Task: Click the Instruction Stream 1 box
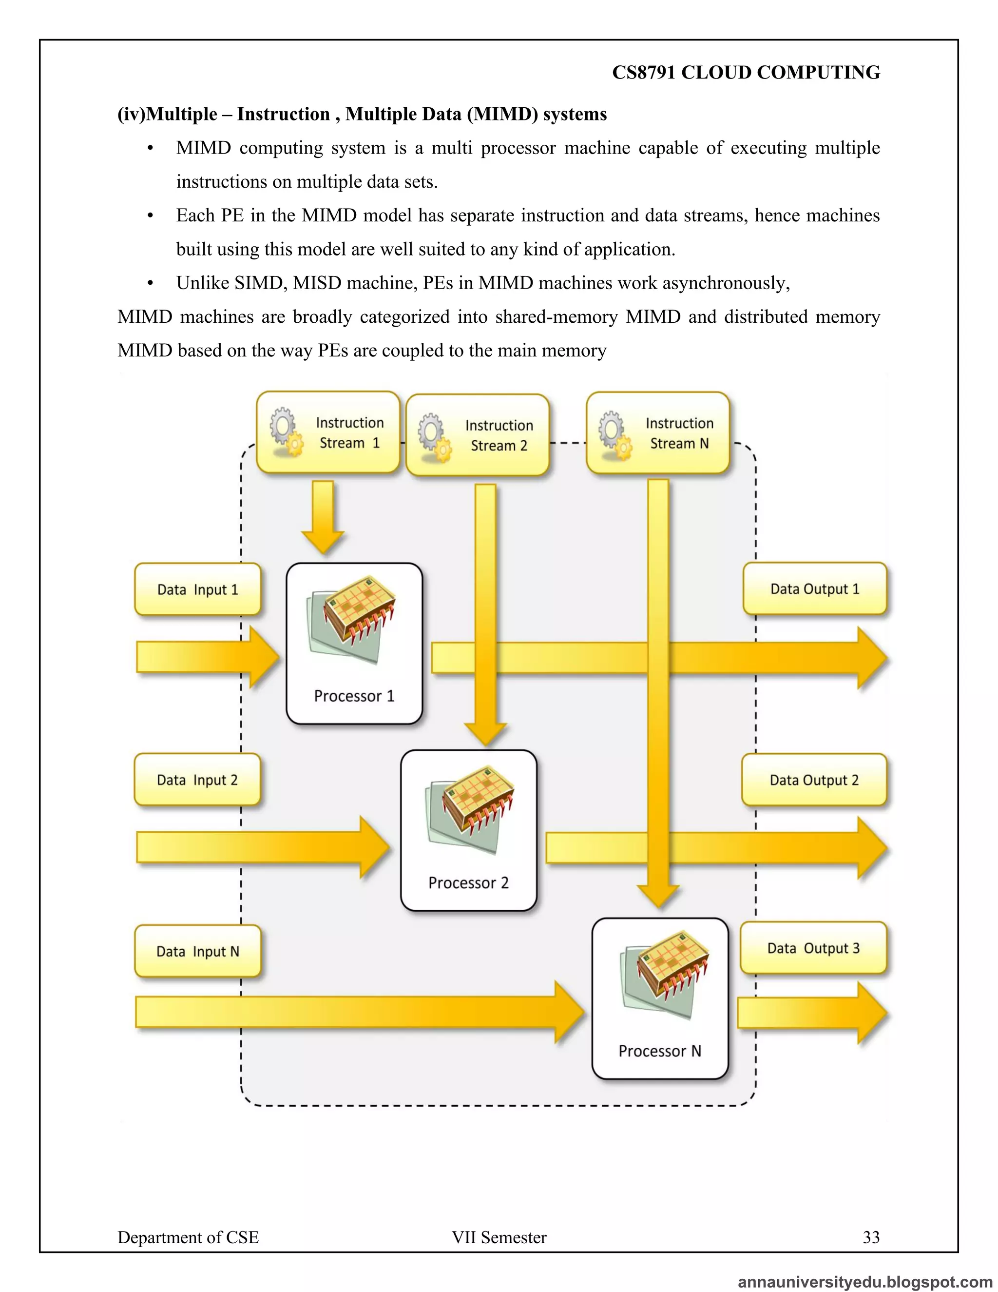(x=328, y=432)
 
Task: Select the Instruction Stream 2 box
(x=478, y=435)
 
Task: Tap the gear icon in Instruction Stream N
(x=615, y=435)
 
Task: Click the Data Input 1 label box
(x=197, y=589)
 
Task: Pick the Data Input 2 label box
(x=197, y=780)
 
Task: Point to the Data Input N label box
(x=197, y=951)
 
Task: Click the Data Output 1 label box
(x=815, y=588)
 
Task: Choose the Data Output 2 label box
(x=814, y=780)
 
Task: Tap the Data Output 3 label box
(x=813, y=948)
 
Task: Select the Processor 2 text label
(x=468, y=882)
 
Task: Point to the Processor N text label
(x=660, y=1051)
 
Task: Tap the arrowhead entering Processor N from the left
(x=569, y=1012)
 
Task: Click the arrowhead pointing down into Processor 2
(x=485, y=734)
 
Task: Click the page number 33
(x=871, y=1237)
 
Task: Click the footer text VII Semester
(x=499, y=1237)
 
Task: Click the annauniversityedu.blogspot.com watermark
(x=865, y=1281)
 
